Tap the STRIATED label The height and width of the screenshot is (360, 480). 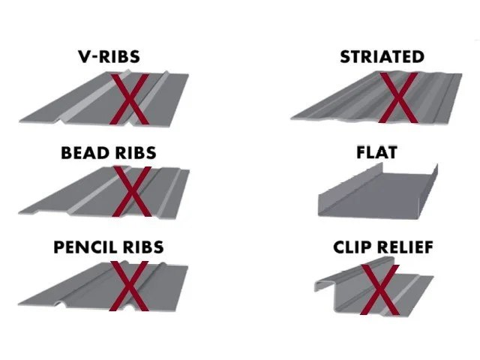tap(382, 56)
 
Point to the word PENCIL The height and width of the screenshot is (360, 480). tap(84, 247)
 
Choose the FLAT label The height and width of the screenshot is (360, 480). tap(376, 152)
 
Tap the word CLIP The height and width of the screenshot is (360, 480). tap(353, 247)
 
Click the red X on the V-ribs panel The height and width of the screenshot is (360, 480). tap(130, 99)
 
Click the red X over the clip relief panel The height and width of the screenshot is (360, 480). tap(379, 289)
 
